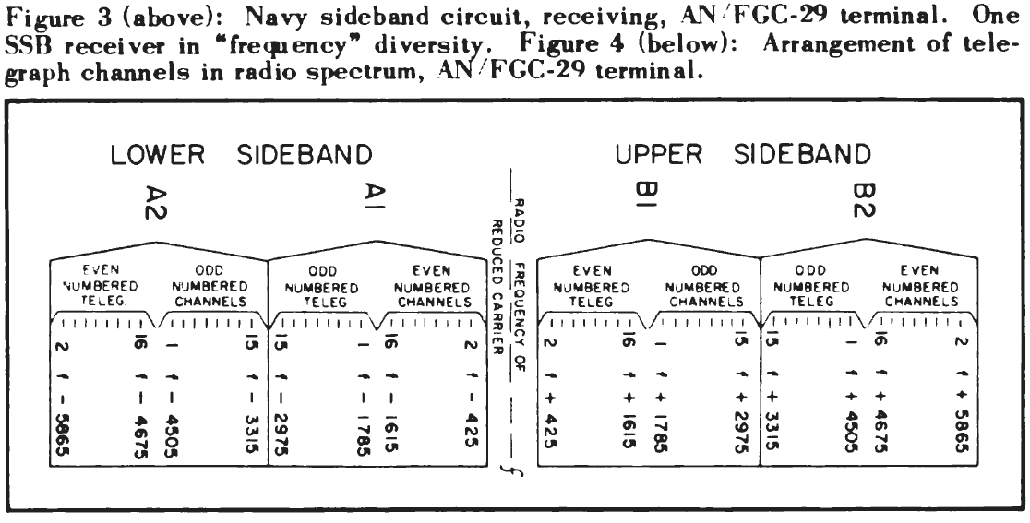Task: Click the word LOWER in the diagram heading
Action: click(x=157, y=156)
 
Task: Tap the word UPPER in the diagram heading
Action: click(x=660, y=156)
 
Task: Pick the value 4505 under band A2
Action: click(x=171, y=434)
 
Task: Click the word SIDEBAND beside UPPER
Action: click(x=802, y=156)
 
